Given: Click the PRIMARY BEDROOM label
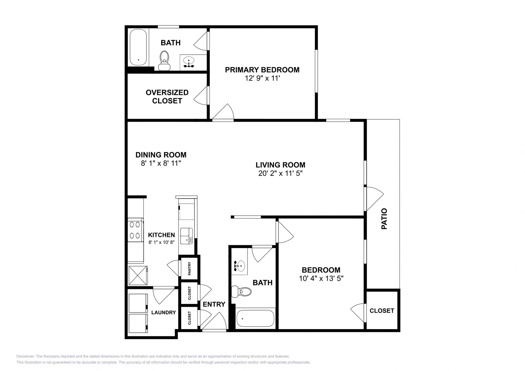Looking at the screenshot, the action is pos(262,70).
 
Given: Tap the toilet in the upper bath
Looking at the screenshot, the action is pos(164,61).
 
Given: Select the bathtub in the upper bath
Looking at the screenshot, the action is pos(138,47).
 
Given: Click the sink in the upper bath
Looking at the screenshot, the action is pos(189,61).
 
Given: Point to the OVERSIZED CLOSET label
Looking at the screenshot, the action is pos(167,97).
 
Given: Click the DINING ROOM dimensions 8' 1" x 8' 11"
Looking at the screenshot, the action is pos(161,163).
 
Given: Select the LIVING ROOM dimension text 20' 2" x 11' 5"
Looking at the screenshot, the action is pos(280,173).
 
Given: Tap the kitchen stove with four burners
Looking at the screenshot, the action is pos(135,230).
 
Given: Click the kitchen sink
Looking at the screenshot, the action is pos(187,236).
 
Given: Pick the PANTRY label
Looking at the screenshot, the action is pos(189,268).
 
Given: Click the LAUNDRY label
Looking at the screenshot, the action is pos(163,313).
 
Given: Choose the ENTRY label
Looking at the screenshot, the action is pos(214,304).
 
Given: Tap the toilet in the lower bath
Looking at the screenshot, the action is pos(241,291).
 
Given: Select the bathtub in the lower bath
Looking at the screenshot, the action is pos(255,318).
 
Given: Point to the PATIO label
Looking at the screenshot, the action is pos(384,219).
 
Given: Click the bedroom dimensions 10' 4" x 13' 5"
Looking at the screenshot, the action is pos(321,279).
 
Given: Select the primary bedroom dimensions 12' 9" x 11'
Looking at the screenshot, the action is pos(262,78).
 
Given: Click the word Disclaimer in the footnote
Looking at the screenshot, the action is pos(25,356).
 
